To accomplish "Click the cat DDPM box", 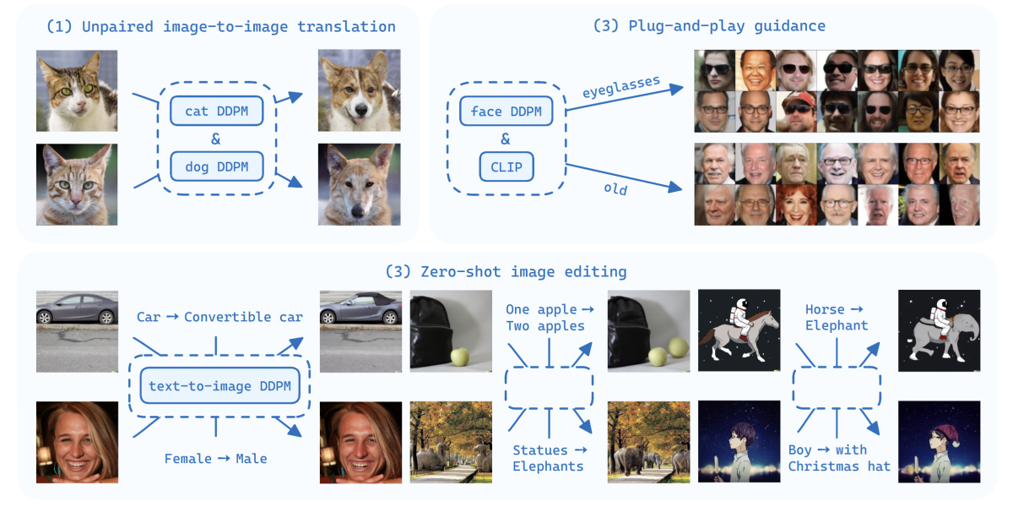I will [x=216, y=111].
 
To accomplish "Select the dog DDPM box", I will [x=216, y=166].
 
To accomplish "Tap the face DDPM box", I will [x=506, y=111].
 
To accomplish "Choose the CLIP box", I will [x=506, y=166].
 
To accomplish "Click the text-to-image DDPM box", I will [x=219, y=386].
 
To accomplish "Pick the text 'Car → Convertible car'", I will [x=219, y=317].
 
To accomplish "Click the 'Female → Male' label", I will [x=215, y=459].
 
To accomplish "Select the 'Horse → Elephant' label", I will [x=836, y=318].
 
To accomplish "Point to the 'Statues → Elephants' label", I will [x=548, y=457].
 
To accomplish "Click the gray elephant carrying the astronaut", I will [x=941, y=338].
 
